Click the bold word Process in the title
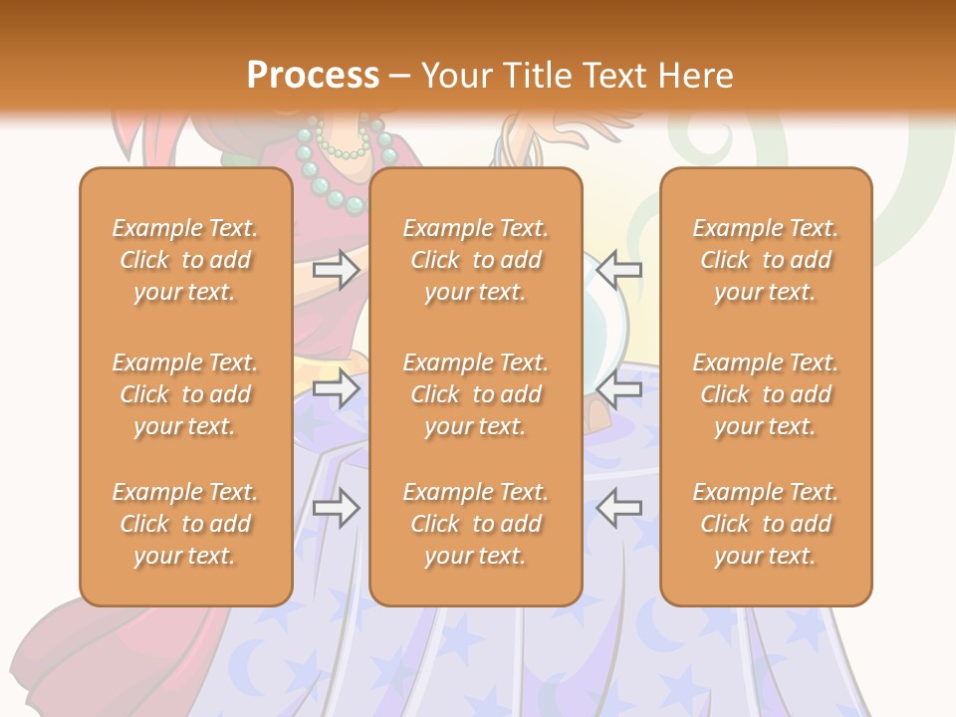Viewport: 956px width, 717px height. pyautogui.click(x=313, y=76)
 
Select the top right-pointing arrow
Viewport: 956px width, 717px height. pyautogui.click(x=336, y=270)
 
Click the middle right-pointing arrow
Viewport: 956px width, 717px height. pyautogui.click(x=336, y=388)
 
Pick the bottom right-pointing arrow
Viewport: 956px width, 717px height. pyautogui.click(x=336, y=508)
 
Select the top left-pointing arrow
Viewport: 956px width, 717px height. pyautogui.click(x=619, y=270)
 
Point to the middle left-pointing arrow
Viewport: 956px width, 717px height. pyautogui.click(x=619, y=388)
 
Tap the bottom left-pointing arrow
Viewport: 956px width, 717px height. pyautogui.click(x=619, y=508)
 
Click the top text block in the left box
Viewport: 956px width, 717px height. pyautogui.click(x=185, y=260)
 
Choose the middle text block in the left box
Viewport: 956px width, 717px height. pyautogui.click(x=185, y=394)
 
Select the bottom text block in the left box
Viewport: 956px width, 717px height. pyautogui.click(x=185, y=524)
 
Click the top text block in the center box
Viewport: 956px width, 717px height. pyautogui.click(x=476, y=260)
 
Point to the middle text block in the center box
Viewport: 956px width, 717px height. pyautogui.click(x=476, y=394)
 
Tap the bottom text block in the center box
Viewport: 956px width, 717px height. pyautogui.click(x=476, y=524)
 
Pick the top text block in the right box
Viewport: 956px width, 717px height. pyautogui.click(x=766, y=260)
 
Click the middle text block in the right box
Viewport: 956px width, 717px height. pyautogui.click(x=766, y=394)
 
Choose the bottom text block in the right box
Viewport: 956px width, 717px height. pyautogui.click(x=766, y=524)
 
